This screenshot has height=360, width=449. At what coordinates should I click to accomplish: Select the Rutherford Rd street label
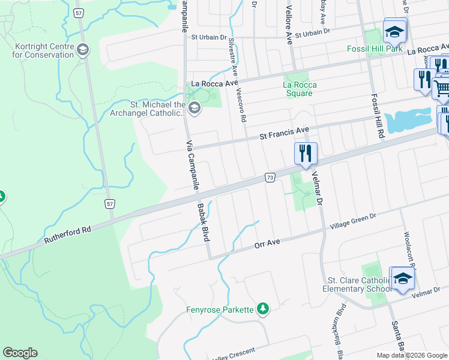click(67, 235)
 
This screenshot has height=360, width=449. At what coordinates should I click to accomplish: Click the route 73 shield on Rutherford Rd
click(270, 178)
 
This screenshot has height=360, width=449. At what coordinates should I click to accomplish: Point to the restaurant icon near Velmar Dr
click(306, 154)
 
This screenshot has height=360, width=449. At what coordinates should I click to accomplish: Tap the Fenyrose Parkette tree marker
click(262, 308)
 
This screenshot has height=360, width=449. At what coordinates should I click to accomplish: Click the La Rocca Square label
click(300, 89)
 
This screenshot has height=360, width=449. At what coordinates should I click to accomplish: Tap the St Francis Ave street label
click(284, 133)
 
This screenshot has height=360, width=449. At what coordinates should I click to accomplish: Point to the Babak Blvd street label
click(203, 222)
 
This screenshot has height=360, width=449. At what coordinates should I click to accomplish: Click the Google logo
click(20, 353)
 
